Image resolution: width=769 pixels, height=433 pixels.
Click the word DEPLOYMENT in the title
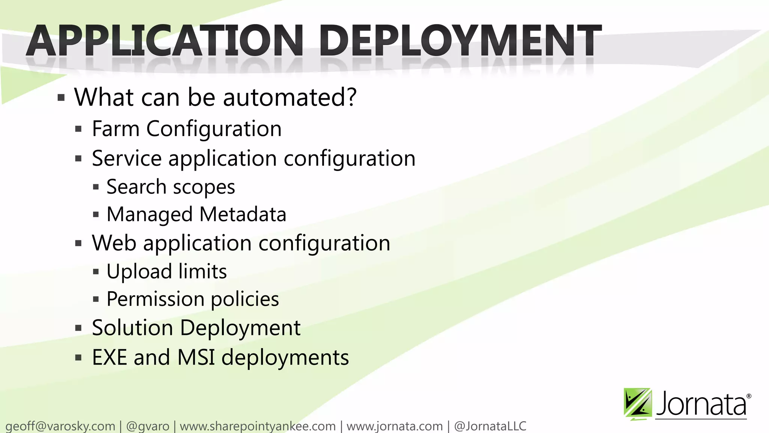460,41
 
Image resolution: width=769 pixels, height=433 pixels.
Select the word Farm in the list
116,129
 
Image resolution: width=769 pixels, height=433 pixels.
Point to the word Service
127,158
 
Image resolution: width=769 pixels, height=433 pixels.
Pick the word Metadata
243,214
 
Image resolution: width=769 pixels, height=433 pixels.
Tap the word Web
114,243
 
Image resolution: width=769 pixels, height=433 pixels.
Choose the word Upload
139,271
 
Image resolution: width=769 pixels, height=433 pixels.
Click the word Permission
155,299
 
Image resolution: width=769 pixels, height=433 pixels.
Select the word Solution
132,328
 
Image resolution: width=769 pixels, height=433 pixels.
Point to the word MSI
196,357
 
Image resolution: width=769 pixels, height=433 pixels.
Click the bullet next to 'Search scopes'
96,187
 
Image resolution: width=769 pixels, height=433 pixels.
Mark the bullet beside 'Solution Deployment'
78,328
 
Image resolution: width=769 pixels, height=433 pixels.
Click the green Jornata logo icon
638,404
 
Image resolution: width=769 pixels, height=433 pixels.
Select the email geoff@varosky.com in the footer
60,426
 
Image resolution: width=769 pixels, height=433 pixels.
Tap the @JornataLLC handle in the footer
490,426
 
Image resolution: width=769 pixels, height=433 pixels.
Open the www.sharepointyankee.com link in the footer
258,426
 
